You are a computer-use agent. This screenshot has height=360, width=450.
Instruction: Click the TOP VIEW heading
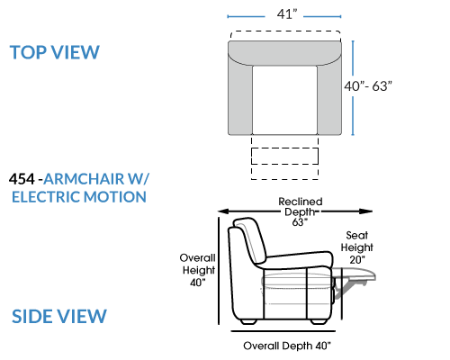point(54,52)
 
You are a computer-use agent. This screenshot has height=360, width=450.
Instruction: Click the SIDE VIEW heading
point(59,316)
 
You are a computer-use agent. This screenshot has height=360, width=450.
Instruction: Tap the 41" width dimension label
point(287,14)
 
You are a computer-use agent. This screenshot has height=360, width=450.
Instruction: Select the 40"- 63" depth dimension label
point(368,86)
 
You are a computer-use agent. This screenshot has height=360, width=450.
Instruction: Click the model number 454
point(22,179)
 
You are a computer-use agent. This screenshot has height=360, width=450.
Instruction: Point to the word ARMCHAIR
point(84,179)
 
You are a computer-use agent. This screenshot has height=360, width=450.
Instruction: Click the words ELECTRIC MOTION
point(79,197)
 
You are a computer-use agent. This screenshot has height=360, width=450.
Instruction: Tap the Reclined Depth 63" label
point(300,211)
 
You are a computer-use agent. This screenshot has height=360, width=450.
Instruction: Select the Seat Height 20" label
point(356,247)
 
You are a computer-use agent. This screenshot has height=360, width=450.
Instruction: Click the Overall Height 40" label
point(198,270)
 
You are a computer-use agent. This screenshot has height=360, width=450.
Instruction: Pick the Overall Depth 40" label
point(287,346)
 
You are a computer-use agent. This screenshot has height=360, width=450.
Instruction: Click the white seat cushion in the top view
point(284,100)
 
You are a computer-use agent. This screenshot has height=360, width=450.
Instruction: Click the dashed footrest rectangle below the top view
point(284,156)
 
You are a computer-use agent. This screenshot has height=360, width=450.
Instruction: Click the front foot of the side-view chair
point(319,321)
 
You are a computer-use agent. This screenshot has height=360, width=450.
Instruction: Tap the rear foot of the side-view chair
point(248,321)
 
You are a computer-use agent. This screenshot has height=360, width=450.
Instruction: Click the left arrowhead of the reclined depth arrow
point(223,211)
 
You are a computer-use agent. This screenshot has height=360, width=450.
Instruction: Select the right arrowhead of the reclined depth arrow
point(366,211)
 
